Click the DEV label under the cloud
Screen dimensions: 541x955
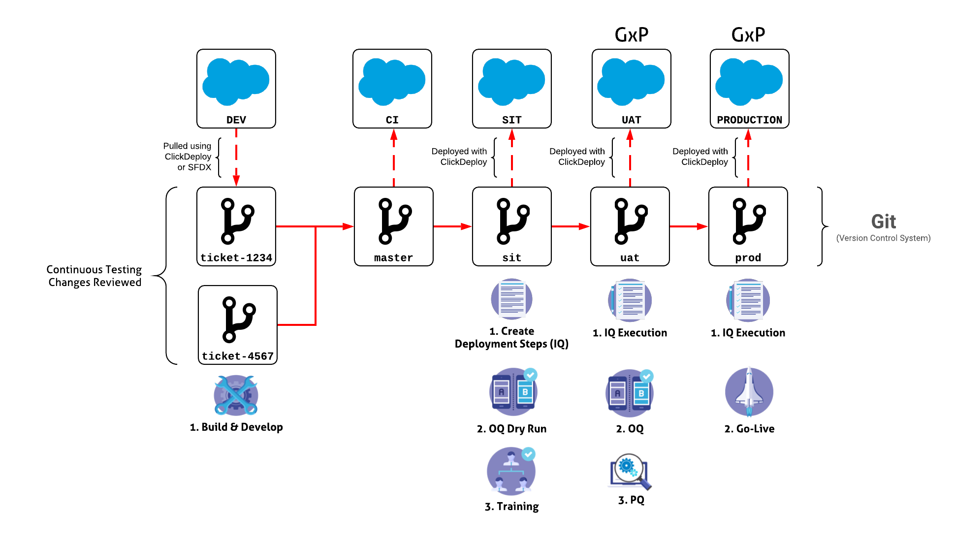(x=236, y=120)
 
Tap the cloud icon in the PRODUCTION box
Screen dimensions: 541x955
(x=749, y=82)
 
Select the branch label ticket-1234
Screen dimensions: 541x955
(x=236, y=258)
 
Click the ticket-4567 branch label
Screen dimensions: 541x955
(x=238, y=356)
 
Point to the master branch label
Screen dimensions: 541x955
(x=393, y=258)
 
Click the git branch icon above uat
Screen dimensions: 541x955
(x=631, y=221)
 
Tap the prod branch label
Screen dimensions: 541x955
(x=748, y=258)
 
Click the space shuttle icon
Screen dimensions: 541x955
(x=749, y=392)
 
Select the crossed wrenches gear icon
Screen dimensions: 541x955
(x=236, y=395)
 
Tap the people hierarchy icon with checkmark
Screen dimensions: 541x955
(x=511, y=471)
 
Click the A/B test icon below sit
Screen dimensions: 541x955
(x=513, y=391)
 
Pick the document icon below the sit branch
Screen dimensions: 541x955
(x=511, y=299)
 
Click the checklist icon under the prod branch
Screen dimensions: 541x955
(x=748, y=300)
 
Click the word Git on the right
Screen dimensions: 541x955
(x=883, y=222)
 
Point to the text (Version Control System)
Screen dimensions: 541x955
(x=883, y=238)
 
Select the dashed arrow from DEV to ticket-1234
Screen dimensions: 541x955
(x=236, y=158)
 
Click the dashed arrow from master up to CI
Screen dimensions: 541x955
(x=394, y=158)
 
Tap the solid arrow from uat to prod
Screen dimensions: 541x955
(x=689, y=226)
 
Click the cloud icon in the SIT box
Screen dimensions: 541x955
(x=511, y=82)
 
